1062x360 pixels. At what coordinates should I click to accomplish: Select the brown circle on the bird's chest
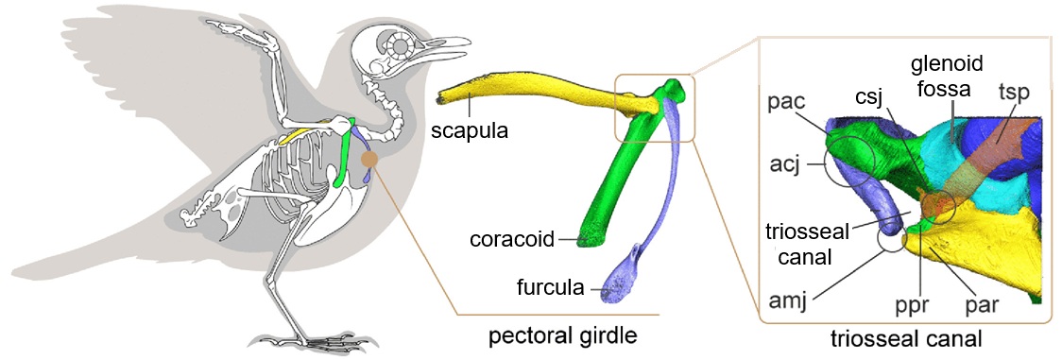(x=370, y=161)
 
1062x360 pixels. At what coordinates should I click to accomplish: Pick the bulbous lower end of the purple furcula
(x=625, y=274)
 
